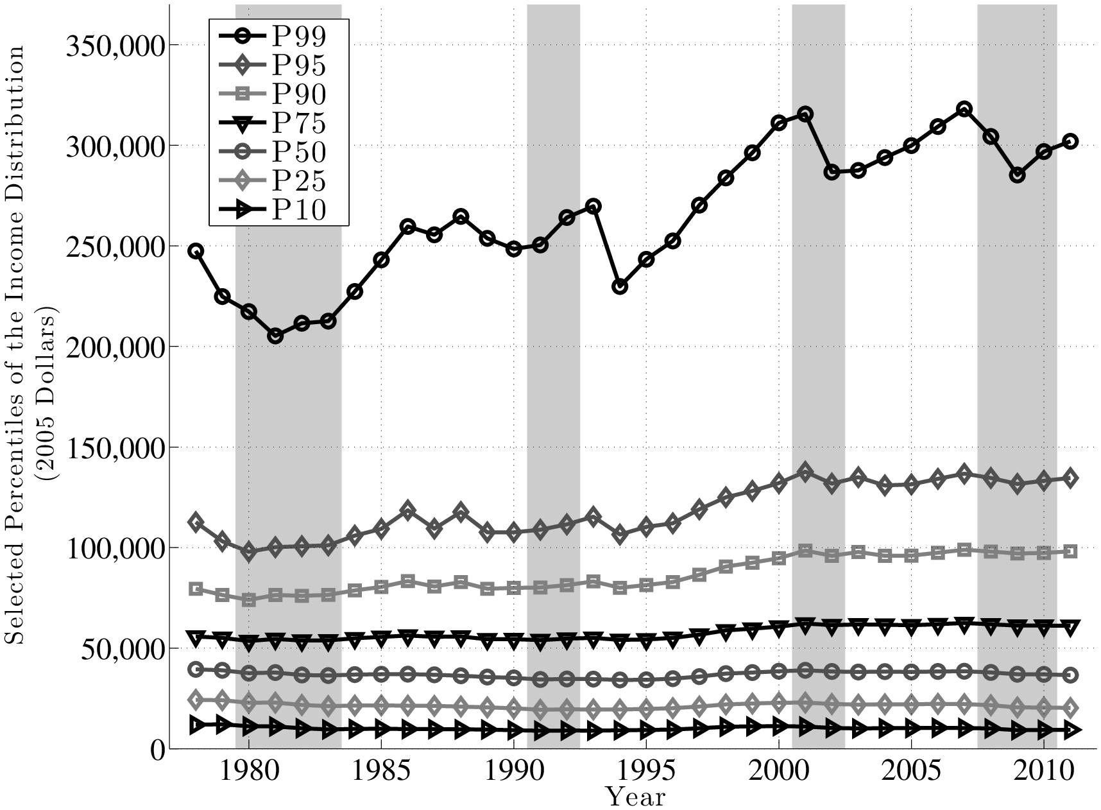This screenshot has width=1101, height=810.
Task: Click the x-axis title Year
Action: [x=636, y=798]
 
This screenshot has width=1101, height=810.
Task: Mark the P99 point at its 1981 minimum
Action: [x=275, y=336]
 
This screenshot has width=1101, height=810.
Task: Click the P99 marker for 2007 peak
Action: [x=964, y=109]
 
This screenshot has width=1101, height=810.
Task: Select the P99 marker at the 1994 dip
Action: [x=620, y=286]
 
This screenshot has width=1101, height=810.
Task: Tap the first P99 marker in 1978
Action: [x=196, y=251]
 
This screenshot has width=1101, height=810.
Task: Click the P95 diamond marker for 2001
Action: [x=805, y=472]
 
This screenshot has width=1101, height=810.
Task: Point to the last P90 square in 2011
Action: [x=1070, y=551]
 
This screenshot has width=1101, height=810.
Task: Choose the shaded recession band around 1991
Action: [x=553, y=385]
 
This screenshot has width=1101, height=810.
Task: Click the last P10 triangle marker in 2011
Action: [x=1070, y=730]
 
